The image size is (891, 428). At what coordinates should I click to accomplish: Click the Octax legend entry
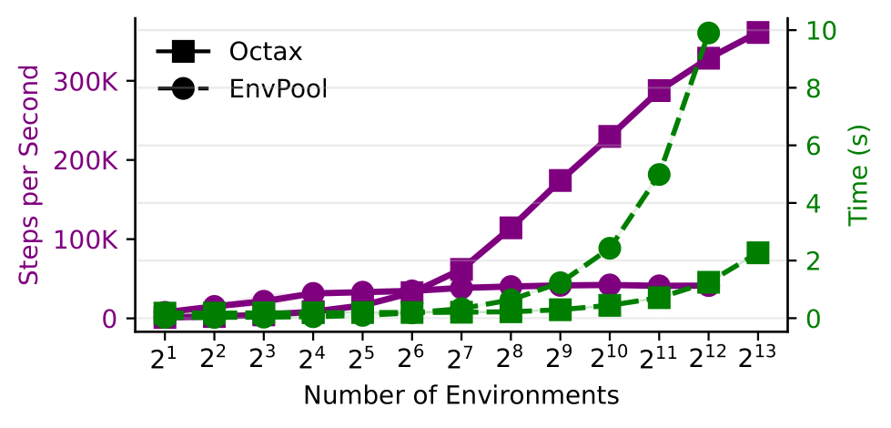click(x=241, y=52)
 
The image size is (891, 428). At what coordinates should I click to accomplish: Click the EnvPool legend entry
click(x=241, y=89)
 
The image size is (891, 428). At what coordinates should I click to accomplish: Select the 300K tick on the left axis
click(x=86, y=81)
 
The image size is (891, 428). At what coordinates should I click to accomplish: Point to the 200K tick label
click(x=86, y=160)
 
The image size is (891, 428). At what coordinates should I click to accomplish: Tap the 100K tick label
click(x=86, y=239)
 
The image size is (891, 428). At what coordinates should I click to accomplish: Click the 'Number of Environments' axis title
click(x=461, y=396)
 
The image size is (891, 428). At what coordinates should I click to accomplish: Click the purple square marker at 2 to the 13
click(x=758, y=32)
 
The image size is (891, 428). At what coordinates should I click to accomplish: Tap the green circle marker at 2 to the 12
click(x=709, y=34)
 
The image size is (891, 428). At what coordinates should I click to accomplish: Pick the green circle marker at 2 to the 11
click(x=659, y=175)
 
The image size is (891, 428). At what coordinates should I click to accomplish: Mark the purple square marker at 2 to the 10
click(x=610, y=138)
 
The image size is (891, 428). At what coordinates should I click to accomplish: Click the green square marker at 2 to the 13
click(x=758, y=252)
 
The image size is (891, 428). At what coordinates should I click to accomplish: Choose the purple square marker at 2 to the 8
click(x=511, y=228)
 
